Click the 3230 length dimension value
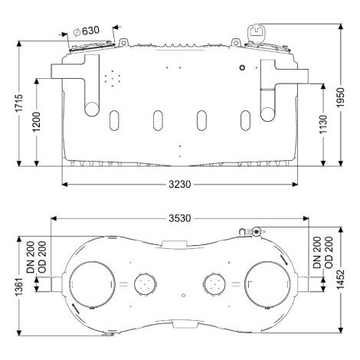click(180, 184)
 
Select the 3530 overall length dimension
click(180, 218)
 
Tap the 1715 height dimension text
click(18, 103)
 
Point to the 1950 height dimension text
click(341, 97)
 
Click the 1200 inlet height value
click(36, 122)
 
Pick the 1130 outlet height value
click(323, 124)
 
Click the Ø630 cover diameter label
click(86, 31)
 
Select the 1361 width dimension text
click(18, 286)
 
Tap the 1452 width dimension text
click(341, 280)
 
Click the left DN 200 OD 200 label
click(37, 257)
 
